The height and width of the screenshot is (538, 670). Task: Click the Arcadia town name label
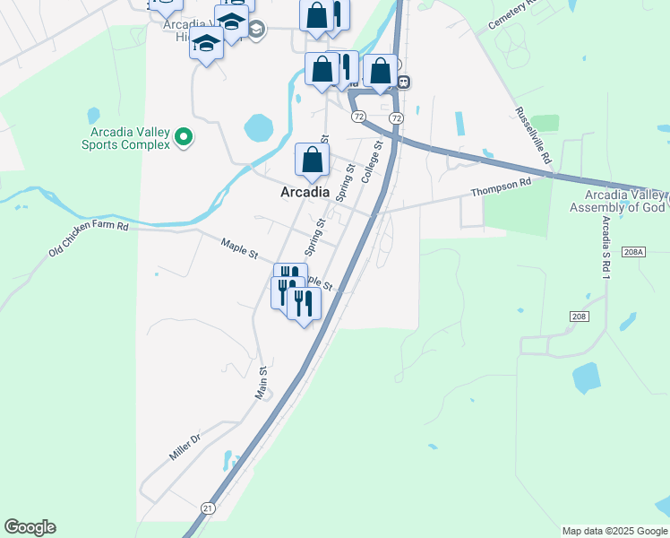click(x=305, y=192)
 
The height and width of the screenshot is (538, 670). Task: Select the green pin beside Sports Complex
click(x=184, y=137)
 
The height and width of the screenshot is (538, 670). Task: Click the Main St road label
click(x=262, y=382)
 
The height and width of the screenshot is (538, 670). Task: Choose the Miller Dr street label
click(x=185, y=447)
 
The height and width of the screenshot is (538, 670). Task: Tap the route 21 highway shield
click(x=208, y=508)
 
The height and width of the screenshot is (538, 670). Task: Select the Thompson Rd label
click(x=502, y=187)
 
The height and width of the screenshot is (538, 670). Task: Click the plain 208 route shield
click(x=578, y=317)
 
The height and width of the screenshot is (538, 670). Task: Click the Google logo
click(x=30, y=527)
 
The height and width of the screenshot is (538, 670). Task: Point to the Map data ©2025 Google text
click(x=614, y=531)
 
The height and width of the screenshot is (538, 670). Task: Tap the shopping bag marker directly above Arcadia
click(x=312, y=161)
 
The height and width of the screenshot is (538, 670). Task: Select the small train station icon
click(x=404, y=82)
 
